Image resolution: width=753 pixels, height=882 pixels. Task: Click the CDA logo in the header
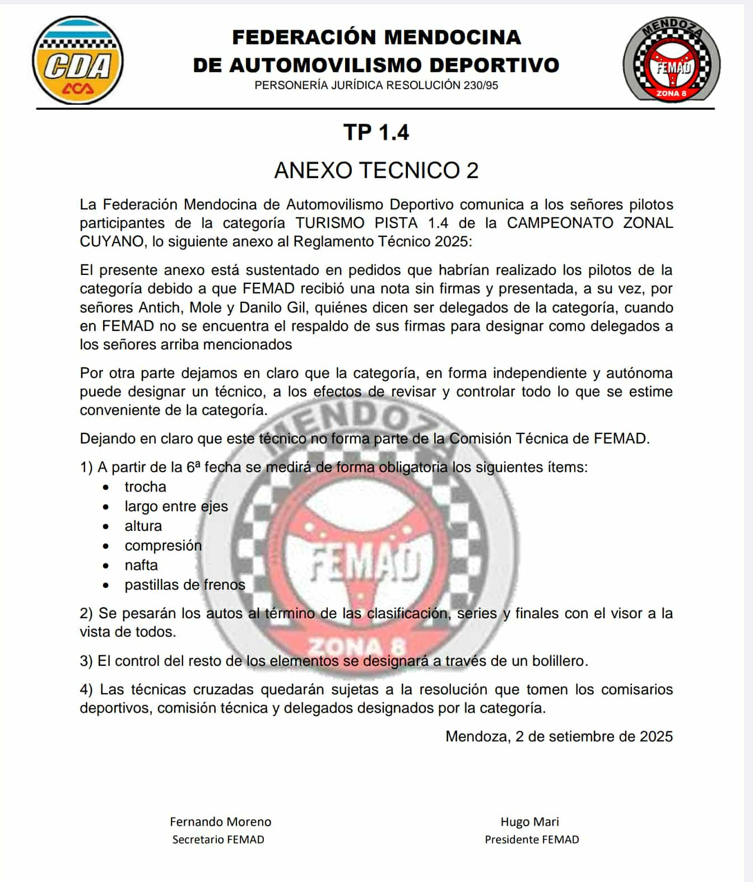(x=78, y=61)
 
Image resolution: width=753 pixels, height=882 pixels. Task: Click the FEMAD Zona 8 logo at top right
(x=671, y=60)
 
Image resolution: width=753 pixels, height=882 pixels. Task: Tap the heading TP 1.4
(x=376, y=133)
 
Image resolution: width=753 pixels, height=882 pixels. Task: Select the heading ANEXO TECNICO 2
(x=376, y=170)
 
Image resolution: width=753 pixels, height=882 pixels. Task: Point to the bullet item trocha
(x=145, y=487)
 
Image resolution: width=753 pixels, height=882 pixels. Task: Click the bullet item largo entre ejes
(x=176, y=506)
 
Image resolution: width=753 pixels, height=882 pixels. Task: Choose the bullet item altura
(x=143, y=526)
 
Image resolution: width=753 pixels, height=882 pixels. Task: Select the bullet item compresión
(x=163, y=545)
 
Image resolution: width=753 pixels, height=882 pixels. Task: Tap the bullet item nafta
(x=141, y=565)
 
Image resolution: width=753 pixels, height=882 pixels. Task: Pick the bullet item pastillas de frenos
(x=185, y=585)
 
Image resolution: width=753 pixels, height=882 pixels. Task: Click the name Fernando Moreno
(x=220, y=822)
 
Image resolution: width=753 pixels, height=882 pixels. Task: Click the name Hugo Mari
(x=529, y=822)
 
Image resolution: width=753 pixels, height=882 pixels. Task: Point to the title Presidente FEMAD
(x=532, y=839)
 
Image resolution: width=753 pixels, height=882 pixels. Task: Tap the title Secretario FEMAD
(x=218, y=839)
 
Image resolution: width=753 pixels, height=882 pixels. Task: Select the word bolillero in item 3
(x=558, y=661)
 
